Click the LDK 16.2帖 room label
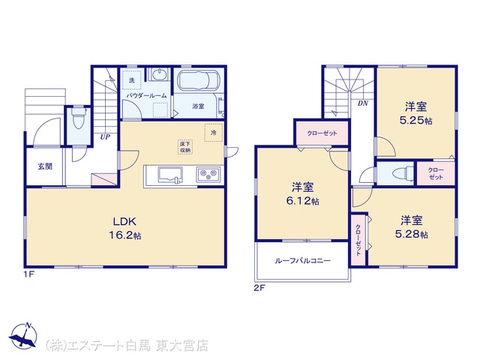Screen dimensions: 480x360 click(x=125, y=228)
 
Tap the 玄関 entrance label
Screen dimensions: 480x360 click(x=45, y=166)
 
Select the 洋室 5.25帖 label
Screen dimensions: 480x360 click(x=415, y=113)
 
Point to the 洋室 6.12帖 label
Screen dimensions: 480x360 click(x=302, y=193)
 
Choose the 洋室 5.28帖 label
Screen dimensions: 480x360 click(x=412, y=227)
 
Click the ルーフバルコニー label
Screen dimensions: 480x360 click(x=302, y=261)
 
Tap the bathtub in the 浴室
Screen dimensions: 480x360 click(x=198, y=80)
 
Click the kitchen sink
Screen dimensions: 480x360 click(x=170, y=175)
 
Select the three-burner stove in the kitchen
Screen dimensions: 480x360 click(x=208, y=175)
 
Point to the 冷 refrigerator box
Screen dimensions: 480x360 click(x=213, y=133)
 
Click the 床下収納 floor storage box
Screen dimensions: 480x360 click(x=185, y=147)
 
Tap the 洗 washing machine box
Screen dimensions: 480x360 click(x=132, y=80)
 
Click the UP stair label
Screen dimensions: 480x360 click(x=105, y=136)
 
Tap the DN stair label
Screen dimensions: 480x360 click(x=363, y=103)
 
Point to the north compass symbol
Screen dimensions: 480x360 click(x=23, y=335)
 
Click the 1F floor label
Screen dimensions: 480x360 click(x=29, y=274)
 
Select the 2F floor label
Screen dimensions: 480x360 click(x=259, y=288)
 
